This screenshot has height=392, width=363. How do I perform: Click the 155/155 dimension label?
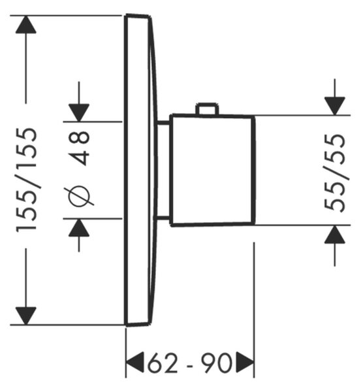(x=27, y=180)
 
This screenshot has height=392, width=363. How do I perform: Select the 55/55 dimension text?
(x=335, y=173)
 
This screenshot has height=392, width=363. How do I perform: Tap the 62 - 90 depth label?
(x=189, y=363)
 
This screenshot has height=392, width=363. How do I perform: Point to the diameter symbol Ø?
(x=79, y=195)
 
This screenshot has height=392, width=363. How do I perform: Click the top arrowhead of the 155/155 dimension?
(x=25, y=24)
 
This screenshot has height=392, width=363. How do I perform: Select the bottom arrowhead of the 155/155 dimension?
(x=25, y=316)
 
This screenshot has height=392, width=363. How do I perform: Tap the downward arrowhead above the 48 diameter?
(x=79, y=113)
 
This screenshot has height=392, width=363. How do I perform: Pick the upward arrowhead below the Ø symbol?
(x=79, y=227)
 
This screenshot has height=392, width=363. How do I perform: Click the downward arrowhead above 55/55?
(x=335, y=106)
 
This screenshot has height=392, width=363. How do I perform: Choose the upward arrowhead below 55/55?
(x=335, y=235)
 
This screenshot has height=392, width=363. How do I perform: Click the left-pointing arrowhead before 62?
(x=135, y=363)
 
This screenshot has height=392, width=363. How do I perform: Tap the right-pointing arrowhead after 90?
(x=245, y=363)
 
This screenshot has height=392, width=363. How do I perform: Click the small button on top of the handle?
(x=207, y=108)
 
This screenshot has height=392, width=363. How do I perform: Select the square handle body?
(x=212, y=171)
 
